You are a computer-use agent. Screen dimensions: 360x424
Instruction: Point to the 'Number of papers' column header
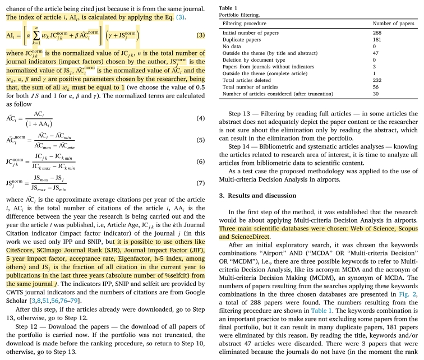coord(394,24)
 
